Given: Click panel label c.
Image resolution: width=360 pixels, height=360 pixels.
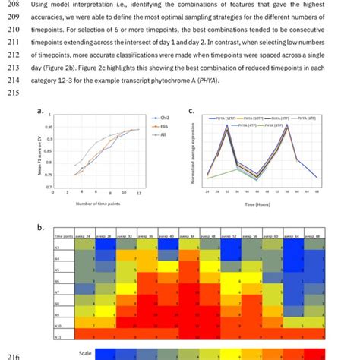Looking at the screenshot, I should [x=191, y=111].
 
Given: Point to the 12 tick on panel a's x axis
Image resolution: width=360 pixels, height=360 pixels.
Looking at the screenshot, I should [x=137, y=194].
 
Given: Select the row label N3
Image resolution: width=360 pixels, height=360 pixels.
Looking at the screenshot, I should [x=58, y=247].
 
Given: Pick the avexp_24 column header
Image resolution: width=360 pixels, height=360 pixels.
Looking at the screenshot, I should [x=89, y=238].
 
